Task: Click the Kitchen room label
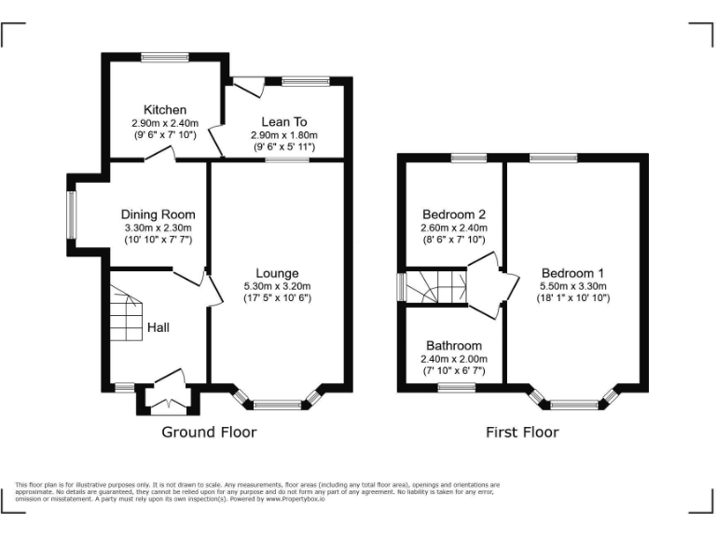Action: [165, 110]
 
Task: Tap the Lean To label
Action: [284, 122]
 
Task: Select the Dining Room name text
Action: [158, 214]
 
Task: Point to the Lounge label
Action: [277, 273]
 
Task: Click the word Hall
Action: [158, 327]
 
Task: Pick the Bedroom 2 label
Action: [454, 214]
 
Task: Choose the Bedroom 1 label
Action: [572, 273]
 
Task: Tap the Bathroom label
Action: [454, 346]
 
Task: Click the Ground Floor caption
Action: [209, 432]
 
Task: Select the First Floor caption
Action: [522, 432]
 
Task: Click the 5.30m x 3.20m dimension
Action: [277, 286]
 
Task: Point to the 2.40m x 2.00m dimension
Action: [454, 359]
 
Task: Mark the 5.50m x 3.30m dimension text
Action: [573, 286]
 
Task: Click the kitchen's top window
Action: [165, 57]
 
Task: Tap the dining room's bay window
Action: [72, 214]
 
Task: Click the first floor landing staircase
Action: [436, 287]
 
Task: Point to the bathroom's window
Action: [457, 388]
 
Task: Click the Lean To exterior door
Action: [249, 87]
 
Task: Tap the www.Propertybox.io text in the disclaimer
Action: [296, 500]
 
